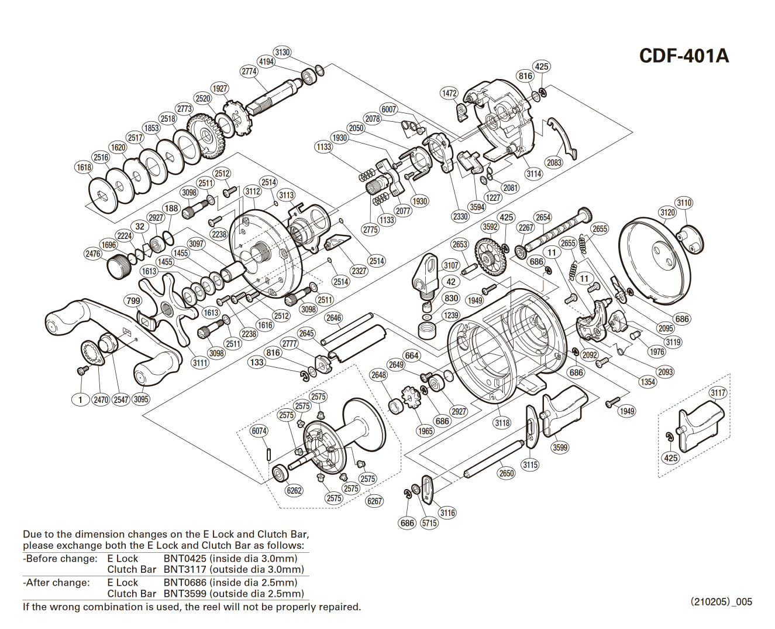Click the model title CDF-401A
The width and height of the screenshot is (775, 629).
(x=684, y=56)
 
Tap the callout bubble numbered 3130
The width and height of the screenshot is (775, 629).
(x=283, y=52)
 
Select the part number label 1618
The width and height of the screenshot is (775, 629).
(x=84, y=167)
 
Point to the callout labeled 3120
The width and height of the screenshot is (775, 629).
(x=667, y=212)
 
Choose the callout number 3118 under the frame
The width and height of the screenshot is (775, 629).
(x=502, y=423)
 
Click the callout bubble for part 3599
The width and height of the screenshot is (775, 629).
(x=560, y=447)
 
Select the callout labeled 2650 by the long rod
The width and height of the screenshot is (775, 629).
(x=507, y=473)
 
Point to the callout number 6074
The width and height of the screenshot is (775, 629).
(x=259, y=430)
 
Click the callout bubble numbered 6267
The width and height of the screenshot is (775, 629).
(x=374, y=501)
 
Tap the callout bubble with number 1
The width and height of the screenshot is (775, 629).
(x=80, y=399)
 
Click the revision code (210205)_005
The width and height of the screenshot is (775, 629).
(x=721, y=601)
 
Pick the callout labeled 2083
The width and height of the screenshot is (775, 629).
(x=553, y=163)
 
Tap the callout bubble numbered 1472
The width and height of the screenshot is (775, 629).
(x=449, y=93)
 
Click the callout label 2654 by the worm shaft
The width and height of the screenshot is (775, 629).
(x=543, y=217)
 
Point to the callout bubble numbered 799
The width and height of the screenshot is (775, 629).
(x=133, y=300)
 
